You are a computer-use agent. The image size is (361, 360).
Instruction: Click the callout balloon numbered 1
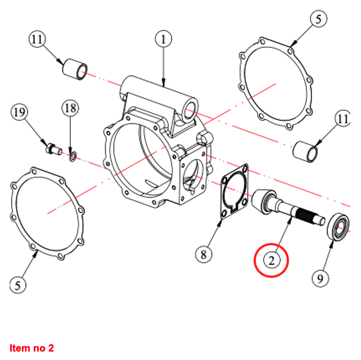(163, 39)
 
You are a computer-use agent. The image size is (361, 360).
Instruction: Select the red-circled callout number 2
(271, 260)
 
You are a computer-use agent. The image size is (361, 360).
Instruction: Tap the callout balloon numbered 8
(204, 255)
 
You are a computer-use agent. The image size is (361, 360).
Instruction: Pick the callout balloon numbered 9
(319, 277)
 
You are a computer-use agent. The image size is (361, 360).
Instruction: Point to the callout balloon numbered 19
(19, 112)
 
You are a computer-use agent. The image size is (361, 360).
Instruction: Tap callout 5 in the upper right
(318, 19)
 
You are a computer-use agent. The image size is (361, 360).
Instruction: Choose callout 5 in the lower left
(18, 285)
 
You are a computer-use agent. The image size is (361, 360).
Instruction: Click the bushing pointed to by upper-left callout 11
(75, 68)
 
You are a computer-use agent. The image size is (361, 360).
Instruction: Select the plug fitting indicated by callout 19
(52, 149)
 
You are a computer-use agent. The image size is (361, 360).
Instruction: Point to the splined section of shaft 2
(306, 214)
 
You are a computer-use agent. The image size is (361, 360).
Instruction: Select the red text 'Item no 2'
(31, 348)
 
